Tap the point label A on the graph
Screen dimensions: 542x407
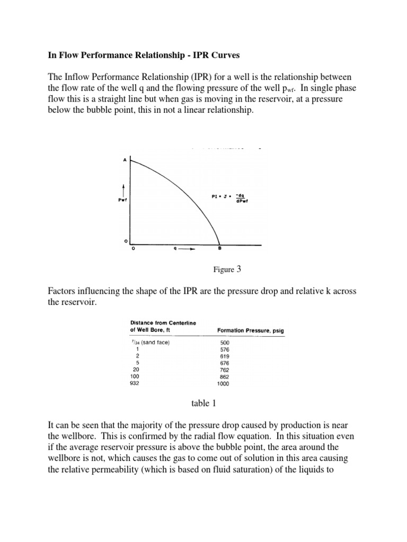point(125,160)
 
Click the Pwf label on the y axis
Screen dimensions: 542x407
point(122,200)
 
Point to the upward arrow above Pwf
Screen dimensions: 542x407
point(123,188)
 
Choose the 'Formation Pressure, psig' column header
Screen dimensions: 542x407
point(251,330)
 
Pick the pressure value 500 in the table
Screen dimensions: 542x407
point(225,342)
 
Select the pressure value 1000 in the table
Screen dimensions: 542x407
point(225,384)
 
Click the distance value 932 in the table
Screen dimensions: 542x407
point(134,384)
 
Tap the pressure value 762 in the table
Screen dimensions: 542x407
point(225,370)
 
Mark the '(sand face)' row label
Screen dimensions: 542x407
point(156,342)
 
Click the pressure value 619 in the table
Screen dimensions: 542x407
point(225,356)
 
